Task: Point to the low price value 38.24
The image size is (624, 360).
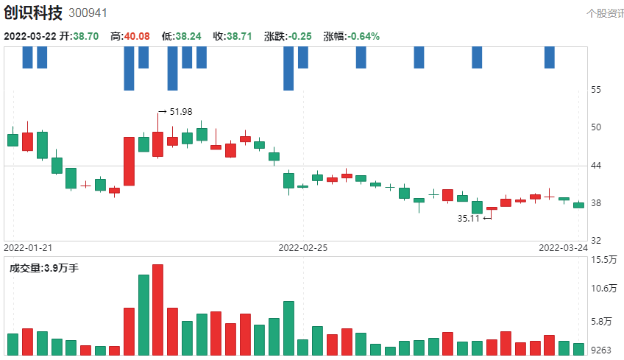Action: tap(189, 36)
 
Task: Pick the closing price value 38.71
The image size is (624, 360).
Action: tap(240, 36)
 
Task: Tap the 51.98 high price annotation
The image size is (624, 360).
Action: tap(180, 112)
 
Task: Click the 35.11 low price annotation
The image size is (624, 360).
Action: tap(469, 219)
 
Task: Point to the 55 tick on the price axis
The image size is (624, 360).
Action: tap(596, 90)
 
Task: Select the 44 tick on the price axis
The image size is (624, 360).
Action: tap(596, 166)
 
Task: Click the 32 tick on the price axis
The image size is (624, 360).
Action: tap(596, 241)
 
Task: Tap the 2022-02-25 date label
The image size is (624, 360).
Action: tap(302, 248)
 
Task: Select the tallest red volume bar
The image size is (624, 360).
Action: tap(157, 309)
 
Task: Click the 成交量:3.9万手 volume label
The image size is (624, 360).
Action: tap(43, 268)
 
